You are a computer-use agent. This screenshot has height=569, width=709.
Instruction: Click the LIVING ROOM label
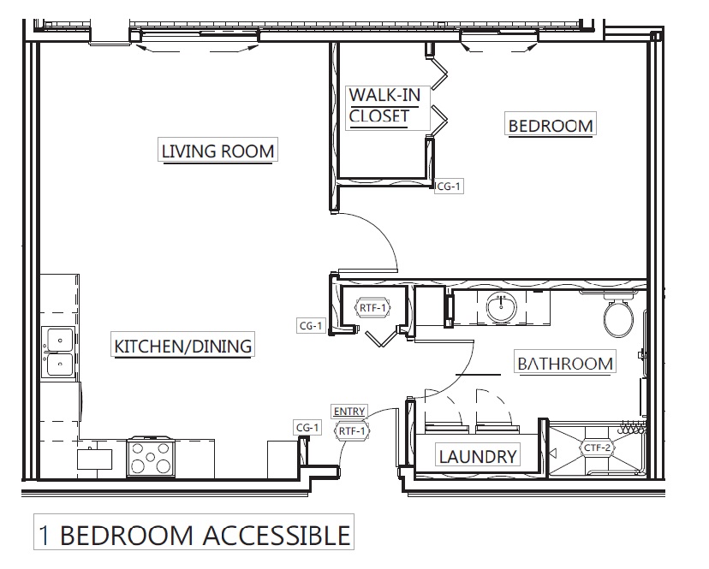point(218,151)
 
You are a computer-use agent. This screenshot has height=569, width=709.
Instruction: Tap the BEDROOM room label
point(551,126)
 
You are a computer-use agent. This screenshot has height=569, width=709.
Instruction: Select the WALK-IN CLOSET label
point(384,105)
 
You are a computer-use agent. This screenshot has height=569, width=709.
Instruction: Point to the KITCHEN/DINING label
point(183,347)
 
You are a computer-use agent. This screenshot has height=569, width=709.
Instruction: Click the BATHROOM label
point(565,364)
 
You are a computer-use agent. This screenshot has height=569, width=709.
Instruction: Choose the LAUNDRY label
point(478,456)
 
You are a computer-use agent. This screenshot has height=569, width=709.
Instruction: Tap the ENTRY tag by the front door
point(349,412)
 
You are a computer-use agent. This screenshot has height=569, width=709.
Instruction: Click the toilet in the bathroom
point(618,316)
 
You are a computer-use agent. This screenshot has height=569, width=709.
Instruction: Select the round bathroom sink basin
point(501,308)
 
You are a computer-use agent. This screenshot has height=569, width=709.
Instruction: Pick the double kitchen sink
point(58,352)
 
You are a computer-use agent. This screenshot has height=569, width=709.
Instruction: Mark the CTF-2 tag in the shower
point(597,447)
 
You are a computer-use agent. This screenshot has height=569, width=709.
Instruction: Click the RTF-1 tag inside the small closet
point(372,308)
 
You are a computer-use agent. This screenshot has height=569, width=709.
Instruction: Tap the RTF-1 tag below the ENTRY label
point(352,431)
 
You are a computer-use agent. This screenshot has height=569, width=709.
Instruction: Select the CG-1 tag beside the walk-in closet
point(449,187)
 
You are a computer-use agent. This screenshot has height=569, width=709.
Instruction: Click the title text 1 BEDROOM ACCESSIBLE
point(194,536)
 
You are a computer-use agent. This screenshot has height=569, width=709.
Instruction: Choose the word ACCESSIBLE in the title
point(277,536)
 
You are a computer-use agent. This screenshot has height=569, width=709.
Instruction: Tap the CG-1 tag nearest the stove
point(307,428)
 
